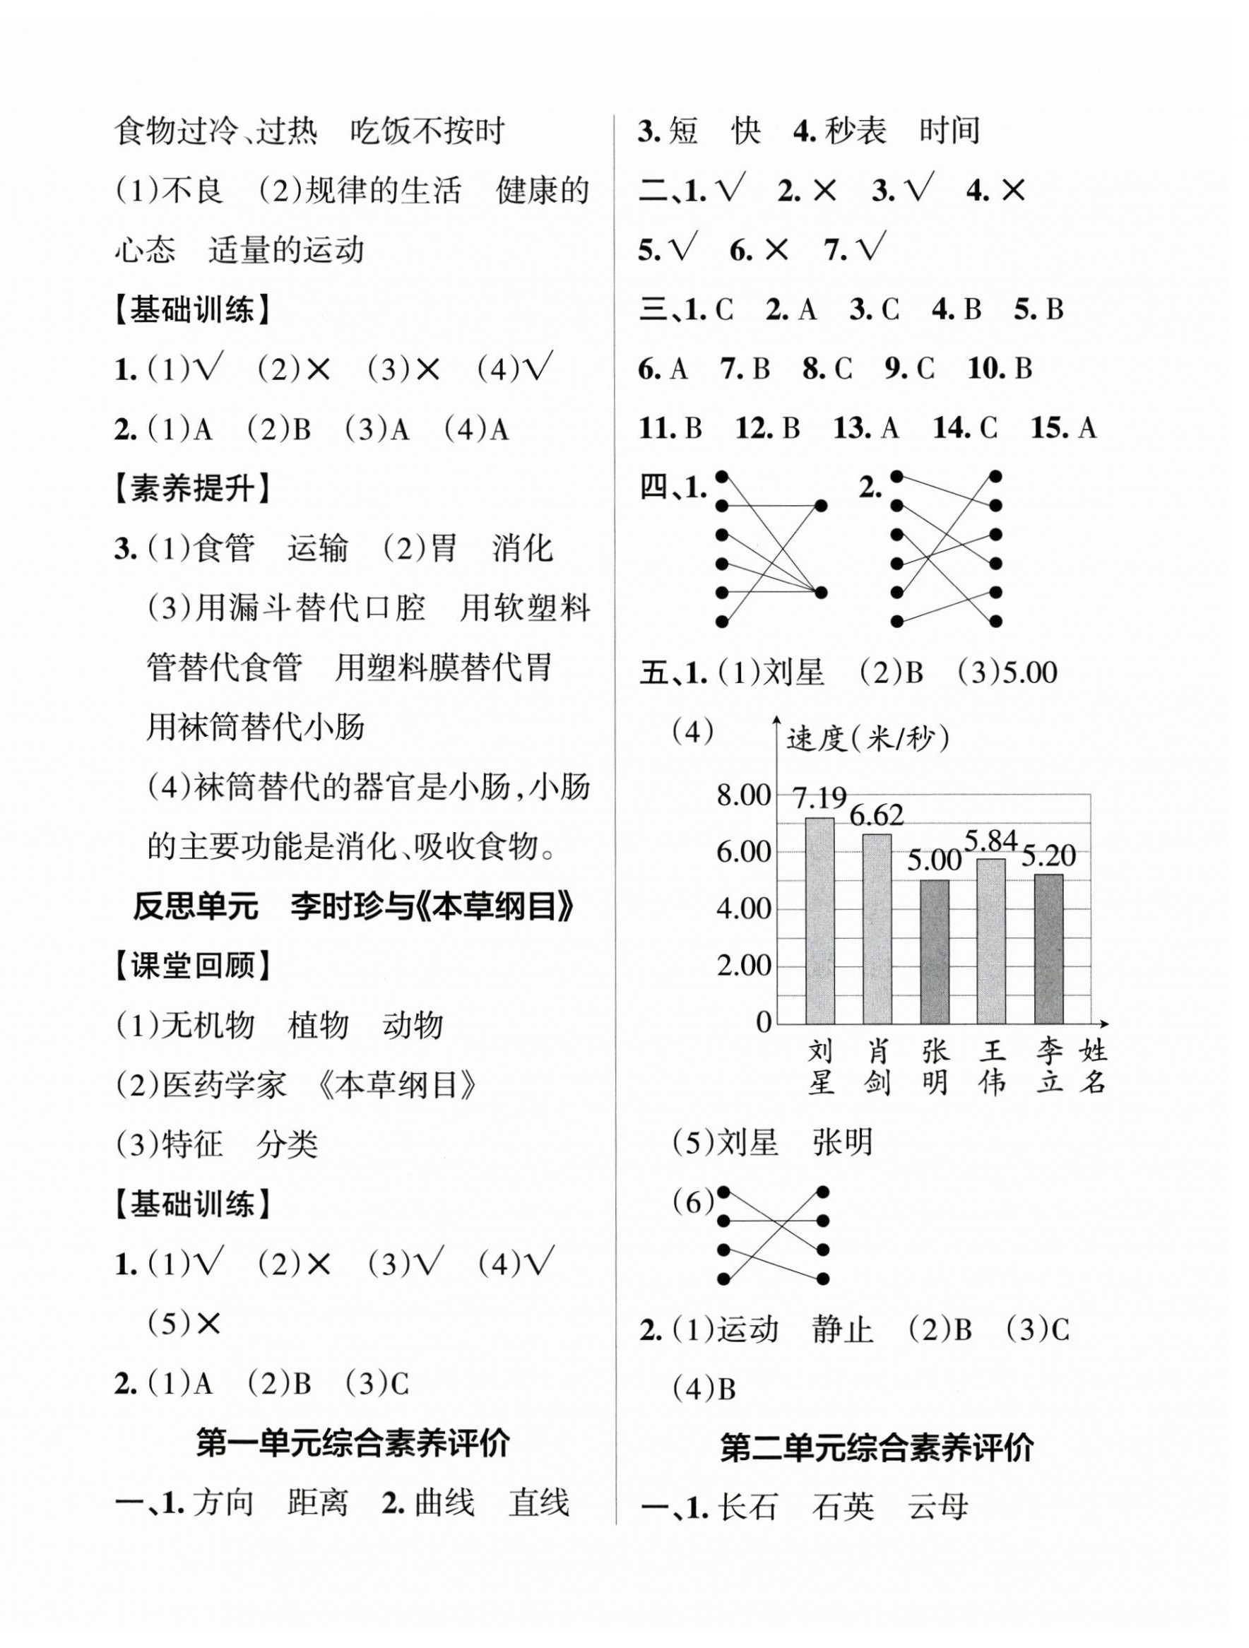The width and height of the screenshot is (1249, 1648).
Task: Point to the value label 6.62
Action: [877, 815]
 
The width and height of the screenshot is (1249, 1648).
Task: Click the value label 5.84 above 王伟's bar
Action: [990, 841]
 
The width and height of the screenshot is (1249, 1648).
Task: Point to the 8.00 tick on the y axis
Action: [743, 795]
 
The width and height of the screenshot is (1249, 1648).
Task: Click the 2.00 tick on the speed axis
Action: [743, 966]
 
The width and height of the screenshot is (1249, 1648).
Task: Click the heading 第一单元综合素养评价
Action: [353, 1443]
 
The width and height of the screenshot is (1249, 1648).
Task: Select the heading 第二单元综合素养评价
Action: [877, 1447]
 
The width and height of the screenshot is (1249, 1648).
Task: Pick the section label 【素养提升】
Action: [191, 490]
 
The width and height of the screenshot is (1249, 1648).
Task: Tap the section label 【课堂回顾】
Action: [191, 966]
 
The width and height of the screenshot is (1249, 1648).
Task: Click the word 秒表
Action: [855, 131]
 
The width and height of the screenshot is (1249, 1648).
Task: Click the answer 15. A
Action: [1062, 427]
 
